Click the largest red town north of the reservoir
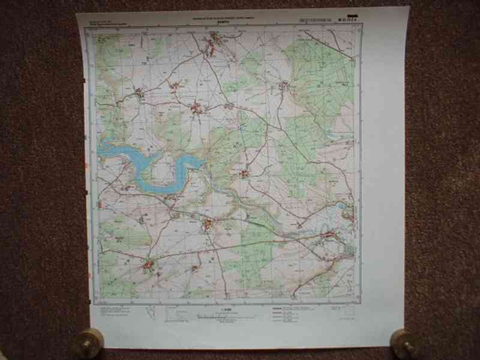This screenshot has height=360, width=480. point(197,109)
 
